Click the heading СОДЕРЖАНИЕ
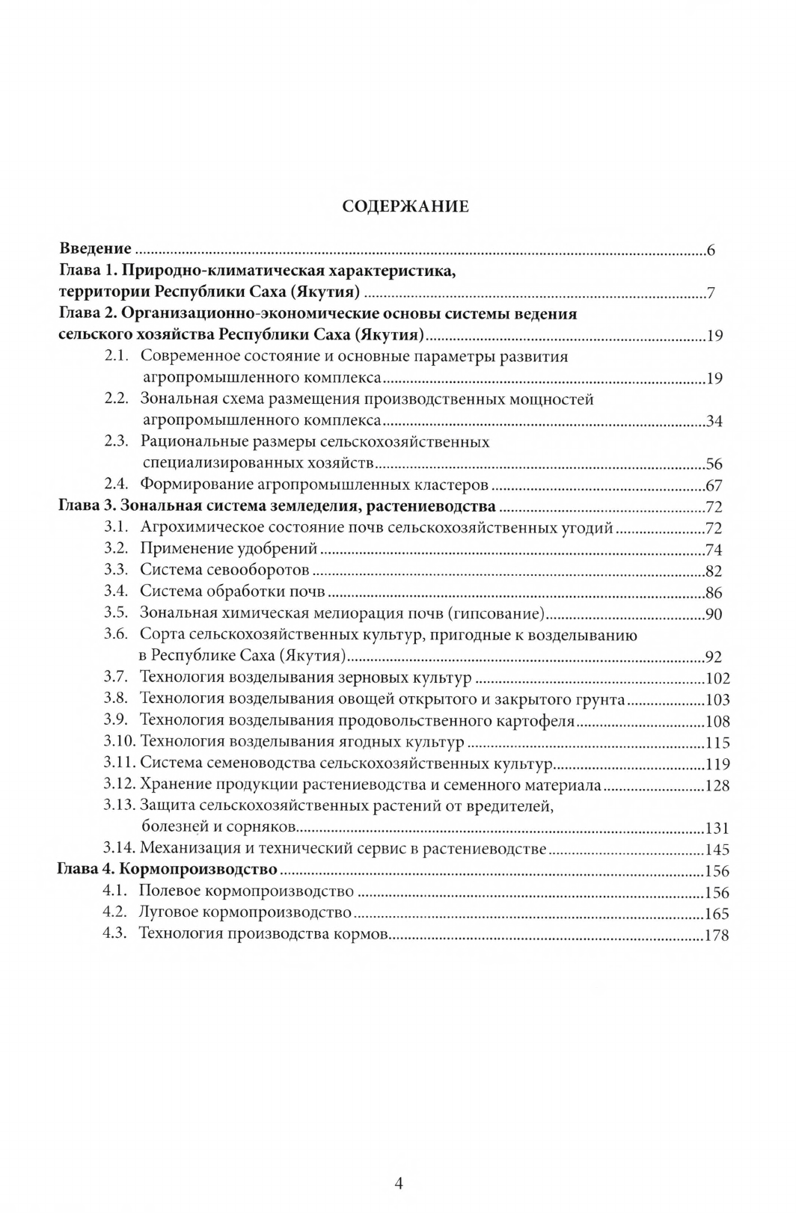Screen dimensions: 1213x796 (405, 206)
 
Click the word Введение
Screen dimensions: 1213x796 (95, 249)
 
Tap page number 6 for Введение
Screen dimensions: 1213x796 (711, 251)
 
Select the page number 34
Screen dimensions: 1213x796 (714, 422)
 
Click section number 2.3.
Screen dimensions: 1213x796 (118, 442)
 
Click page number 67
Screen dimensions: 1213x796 (714, 486)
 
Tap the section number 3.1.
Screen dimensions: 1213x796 (117, 527)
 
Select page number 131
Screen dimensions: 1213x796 (717, 829)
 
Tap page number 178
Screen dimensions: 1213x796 (717, 936)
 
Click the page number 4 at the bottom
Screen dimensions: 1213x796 (399, 1184)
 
